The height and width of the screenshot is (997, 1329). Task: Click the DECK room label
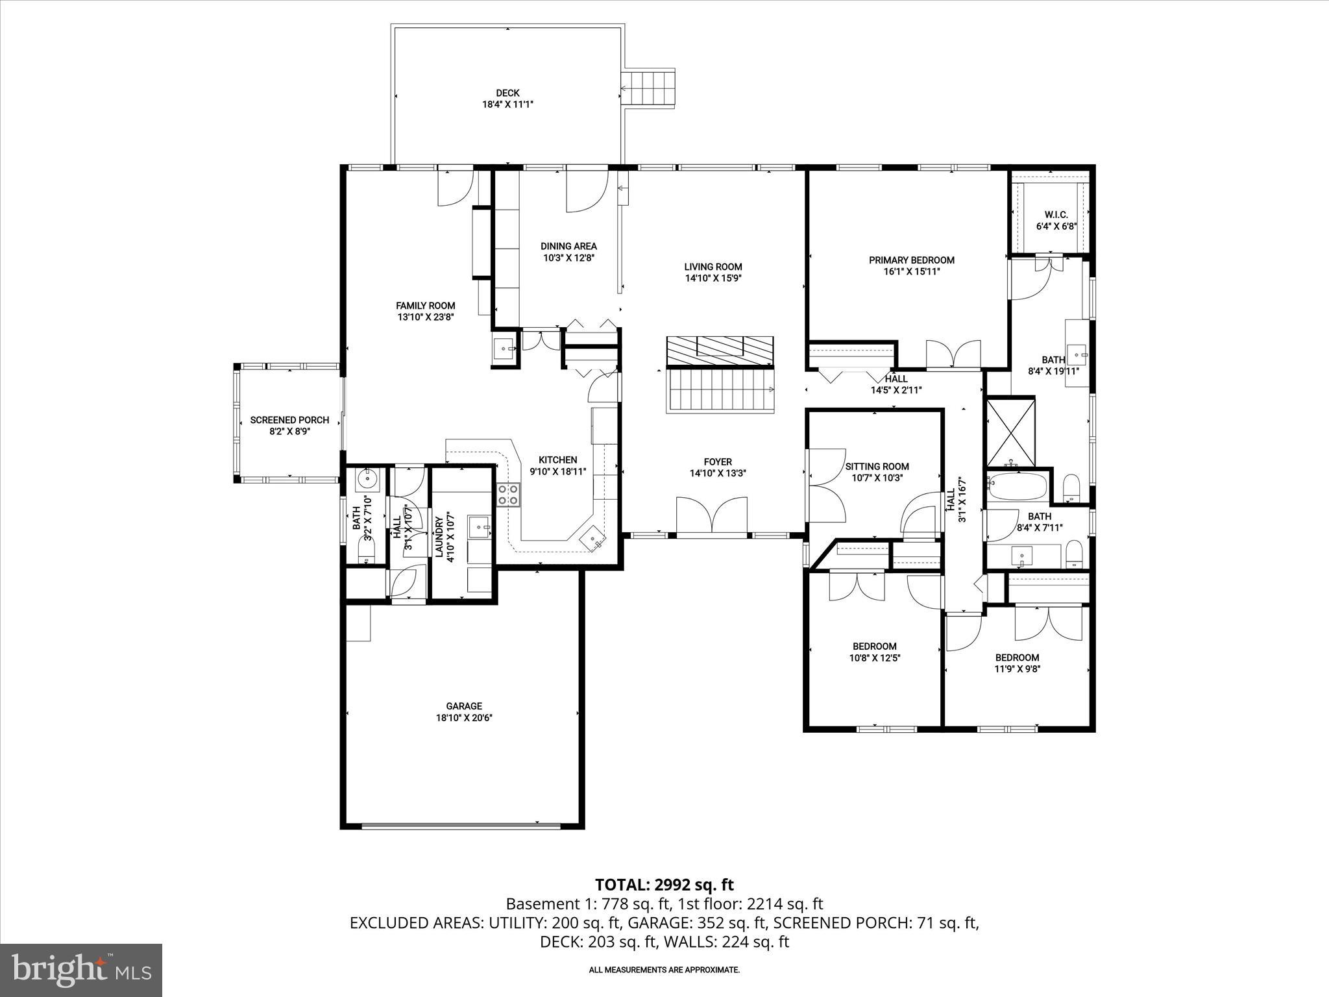pyautogui.click(x=507, y=93)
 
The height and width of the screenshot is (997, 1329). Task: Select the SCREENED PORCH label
pyautogui.click(x=289, y=420)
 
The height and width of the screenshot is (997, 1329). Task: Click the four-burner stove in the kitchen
pyautogui.click(x=508, y=495)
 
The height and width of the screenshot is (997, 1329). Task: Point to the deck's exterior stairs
pyautogui.click(x=648, y=87)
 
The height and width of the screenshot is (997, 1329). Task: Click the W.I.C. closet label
pyautogui.click(x=1056, y=215)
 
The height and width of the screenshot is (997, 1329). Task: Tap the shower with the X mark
pyautogui.click(x=1010, y=432)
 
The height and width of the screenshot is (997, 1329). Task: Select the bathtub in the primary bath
pyautogui.click(x=1017, y=486)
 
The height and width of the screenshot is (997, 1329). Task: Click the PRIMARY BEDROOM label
pyautogui.click(x=911, y=260)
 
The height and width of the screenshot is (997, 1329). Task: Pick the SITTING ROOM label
pyautogui.click(x=877, y=466)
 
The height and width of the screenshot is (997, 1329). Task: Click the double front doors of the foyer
pyautogui.click(x=712, y=516)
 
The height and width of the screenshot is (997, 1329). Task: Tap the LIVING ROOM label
pyautogui.click(x=713, y=267)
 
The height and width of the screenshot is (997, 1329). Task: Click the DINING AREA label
pyautogui.click(x=568, y=246)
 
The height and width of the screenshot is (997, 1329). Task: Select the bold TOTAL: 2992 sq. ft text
pyautogui.click(x=664, y=884)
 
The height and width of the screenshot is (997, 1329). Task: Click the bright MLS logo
pyautogui.click(x=81, y=970)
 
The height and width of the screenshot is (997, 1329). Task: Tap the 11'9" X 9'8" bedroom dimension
pyautogui.click(x=1017, y=669)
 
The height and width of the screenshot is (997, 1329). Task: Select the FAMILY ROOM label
pyautogui.click(x=426, y=306)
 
